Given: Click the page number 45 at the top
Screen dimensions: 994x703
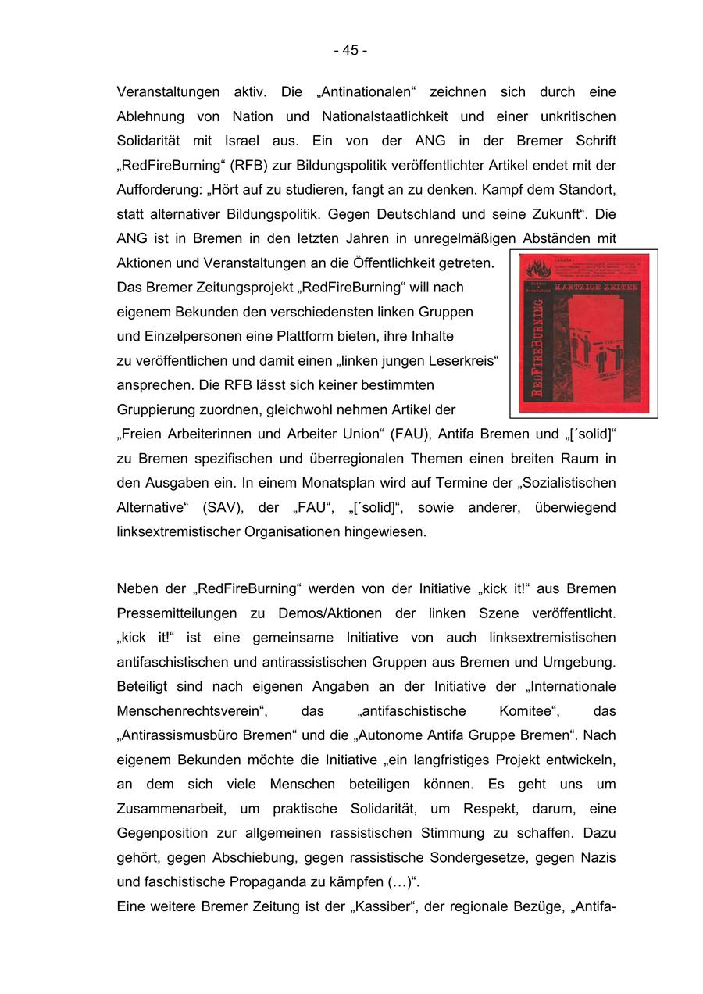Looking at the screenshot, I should tap(351, 50).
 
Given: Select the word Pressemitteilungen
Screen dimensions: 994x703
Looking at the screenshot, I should tap(183, 613).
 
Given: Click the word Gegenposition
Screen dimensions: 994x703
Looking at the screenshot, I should tap(164, 833).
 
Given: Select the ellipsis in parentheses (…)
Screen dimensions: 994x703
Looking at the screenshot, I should tap(400, 882).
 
